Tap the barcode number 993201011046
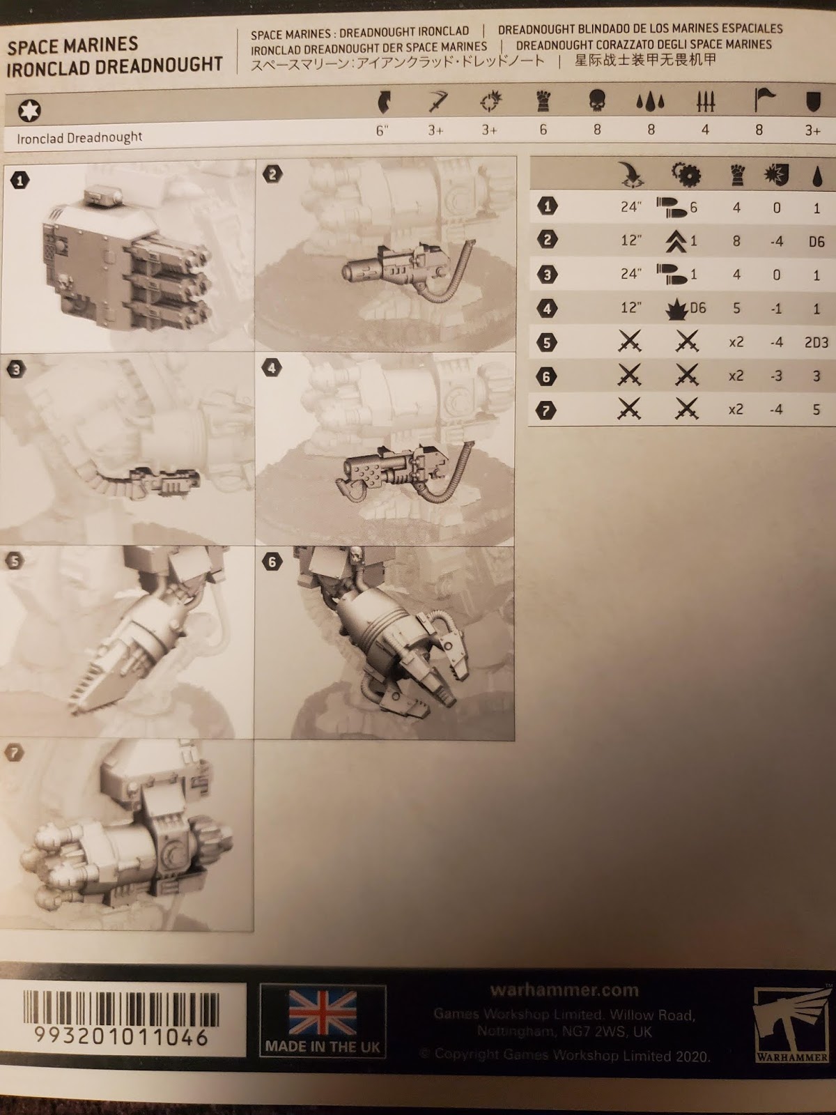coord(123,1036)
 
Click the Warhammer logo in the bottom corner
coord(791,1022)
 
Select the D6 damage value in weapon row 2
coord(816,242)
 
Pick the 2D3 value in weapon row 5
coord(815,343)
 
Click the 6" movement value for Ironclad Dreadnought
coord(382,130)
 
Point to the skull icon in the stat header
coord(597,102)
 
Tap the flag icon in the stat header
coord(764,102)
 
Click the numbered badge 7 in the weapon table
coord(548,410)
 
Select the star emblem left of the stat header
coord(29,110)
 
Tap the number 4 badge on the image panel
coord(272,367)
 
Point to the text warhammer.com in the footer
coord(564,990)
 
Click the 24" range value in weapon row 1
coord(630,207)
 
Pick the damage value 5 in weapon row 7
coord(816,410)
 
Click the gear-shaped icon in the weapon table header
coord(686,175)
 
